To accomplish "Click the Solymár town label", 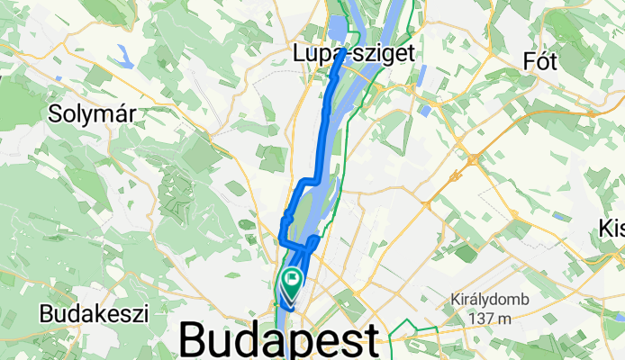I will point(89,115).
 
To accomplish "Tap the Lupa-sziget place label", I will point(354,54).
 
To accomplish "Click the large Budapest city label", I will point(279,341).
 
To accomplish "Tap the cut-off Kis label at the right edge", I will point(611,229).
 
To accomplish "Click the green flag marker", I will point(292,282).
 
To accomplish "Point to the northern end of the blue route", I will point(341,56).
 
